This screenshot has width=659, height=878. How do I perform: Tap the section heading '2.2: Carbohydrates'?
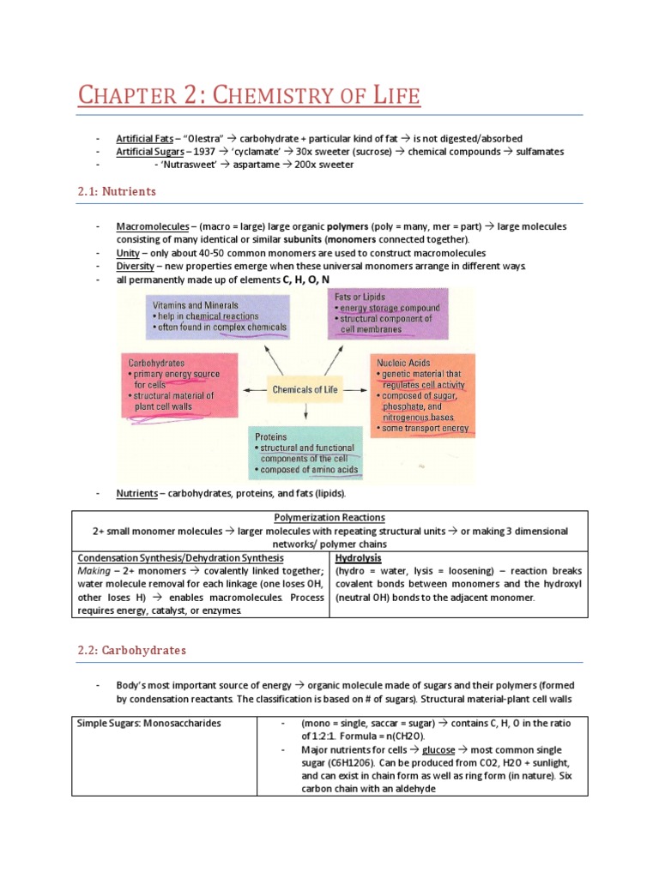(144, 650)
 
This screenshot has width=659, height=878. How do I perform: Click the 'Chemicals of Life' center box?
(305, 390)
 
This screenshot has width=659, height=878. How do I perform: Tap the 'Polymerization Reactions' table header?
(329, 518)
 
